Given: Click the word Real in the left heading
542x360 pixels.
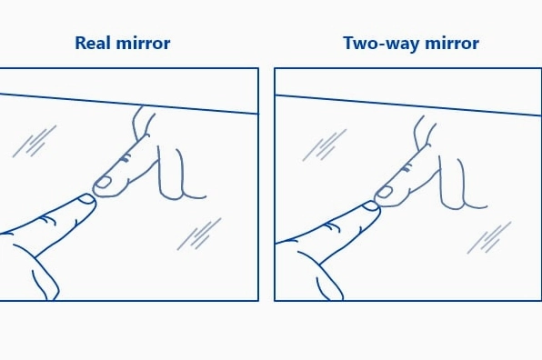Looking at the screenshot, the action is pos(92,44).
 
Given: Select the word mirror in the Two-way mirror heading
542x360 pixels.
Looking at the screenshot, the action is pos(452,44).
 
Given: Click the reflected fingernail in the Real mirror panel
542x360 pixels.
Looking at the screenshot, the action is pos(103,182).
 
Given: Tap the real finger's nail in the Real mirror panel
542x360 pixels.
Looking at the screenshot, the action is pos(86,199).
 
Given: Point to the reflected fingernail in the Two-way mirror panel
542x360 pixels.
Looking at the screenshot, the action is pos(384,192).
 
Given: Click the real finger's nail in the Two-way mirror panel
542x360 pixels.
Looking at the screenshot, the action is pos(370,206).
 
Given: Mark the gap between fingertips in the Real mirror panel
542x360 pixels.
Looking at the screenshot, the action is pos(94,194).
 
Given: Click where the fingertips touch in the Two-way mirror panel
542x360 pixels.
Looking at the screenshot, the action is pos(378,206).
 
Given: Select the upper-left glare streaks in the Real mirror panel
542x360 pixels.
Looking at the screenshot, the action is pos(35,141).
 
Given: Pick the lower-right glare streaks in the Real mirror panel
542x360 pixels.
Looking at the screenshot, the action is pos(199,234).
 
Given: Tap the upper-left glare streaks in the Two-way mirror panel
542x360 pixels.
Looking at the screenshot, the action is pos(325,145).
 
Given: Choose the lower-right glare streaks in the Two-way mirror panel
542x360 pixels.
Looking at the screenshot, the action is pos(489,237).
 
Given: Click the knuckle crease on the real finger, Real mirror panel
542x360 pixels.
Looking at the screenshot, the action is pos(47,220).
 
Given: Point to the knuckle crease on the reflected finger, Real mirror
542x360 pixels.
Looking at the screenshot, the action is pos(125,158).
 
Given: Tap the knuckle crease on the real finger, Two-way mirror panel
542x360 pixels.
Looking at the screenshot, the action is pos(332,226).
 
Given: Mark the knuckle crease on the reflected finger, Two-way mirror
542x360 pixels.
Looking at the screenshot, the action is pos(406,168).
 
